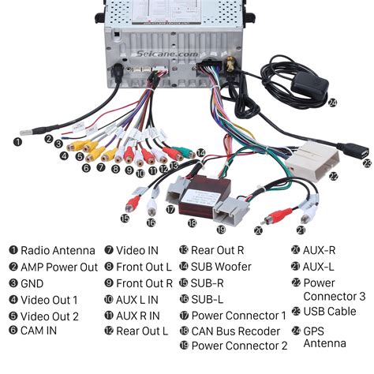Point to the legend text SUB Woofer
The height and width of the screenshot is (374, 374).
[x=225, y=267]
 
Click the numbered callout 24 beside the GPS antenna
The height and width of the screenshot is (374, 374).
[x=332, y=103]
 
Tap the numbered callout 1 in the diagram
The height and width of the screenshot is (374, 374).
[x=17, y=142]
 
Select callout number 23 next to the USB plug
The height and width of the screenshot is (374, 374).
[x=367, y=163]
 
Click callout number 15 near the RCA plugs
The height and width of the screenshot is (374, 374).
[x=125, y=219]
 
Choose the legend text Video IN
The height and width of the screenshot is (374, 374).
[x=137, y=250]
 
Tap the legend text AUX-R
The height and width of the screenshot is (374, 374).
[x=321, y=250]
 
